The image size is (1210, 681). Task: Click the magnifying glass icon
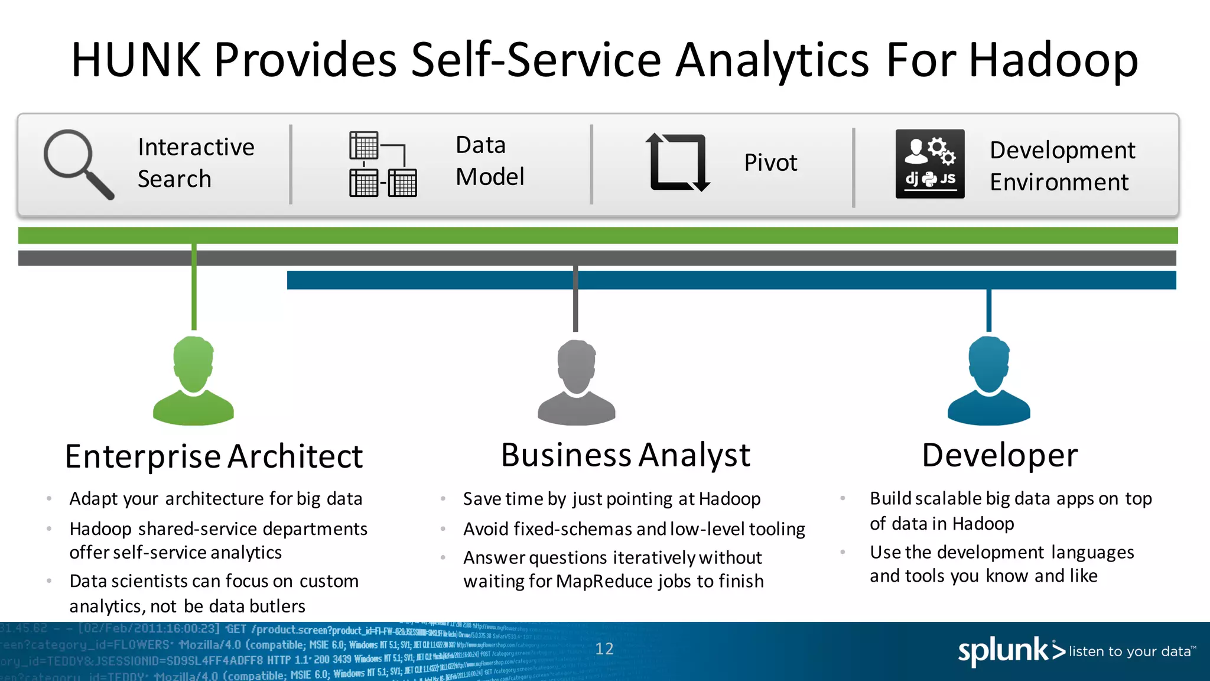(x=77, y=163)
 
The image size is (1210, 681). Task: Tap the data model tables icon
(x=382, y=164)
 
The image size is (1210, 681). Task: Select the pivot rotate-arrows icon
(x=678, y=163)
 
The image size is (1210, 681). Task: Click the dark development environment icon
(x=929, y=164)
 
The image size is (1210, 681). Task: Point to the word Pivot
(x=770, y=163)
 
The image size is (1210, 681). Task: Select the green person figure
(x=193, y=381)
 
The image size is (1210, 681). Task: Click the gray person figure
(x=576, y=382)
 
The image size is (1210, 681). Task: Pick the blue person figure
(x=988, y=381)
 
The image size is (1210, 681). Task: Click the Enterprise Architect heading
(x=214, y=456)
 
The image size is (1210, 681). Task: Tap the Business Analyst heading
(x=625, y=455)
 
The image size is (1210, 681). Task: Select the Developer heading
(x=1000, y=455)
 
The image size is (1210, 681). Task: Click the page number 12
(x=604, y=649)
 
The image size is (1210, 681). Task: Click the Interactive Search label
(x=196, y=163)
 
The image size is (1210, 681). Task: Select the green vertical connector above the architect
(x=194, y=287)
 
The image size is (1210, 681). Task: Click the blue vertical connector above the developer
(x=988, y=310)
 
